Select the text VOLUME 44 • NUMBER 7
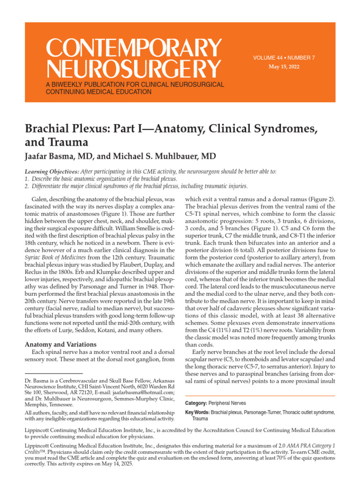pyautogui.click(x=284, y=58)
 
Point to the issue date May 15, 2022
pyautogui.click(x=284, y=67)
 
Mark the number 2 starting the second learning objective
pyautogui.click(x=26, y=186)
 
